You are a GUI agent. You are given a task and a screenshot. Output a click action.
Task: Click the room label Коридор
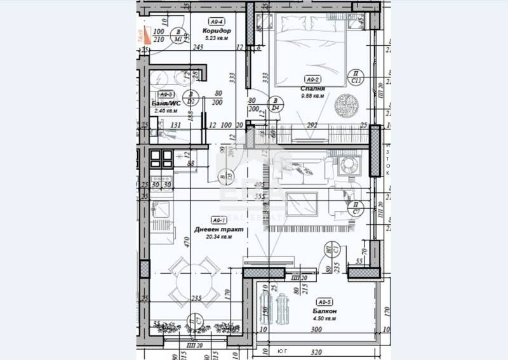pos(217,30)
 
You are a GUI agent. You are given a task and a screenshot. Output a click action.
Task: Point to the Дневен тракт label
pos(213,229)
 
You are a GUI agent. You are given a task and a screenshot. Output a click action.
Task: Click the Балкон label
pos(324,311)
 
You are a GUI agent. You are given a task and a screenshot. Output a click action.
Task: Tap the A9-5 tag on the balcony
pos(325,302)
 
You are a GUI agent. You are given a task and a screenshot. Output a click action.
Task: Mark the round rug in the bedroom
pos(347,103)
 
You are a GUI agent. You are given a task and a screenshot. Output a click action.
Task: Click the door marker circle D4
pos(276,104)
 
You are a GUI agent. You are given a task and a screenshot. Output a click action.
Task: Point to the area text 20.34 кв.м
pos(213,237)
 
